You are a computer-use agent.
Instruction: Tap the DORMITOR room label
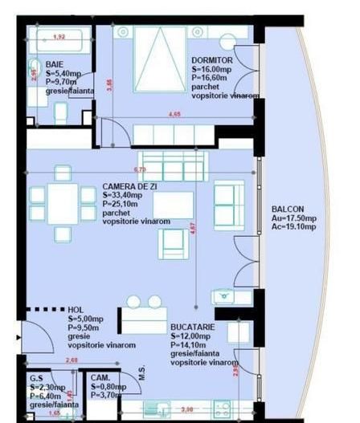pos(212,60)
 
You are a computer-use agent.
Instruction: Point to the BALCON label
pos(288,207)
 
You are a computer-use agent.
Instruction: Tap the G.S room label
pos(36,377)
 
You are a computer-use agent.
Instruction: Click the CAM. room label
pos(100,377)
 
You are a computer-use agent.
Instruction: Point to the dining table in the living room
pos(60,204)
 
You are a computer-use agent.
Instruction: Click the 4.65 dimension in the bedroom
pos(174,115)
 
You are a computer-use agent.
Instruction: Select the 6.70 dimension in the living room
pos(139,170)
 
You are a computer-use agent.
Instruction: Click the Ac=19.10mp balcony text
pos(293,226)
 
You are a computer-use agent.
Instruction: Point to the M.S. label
pos(141,374)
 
